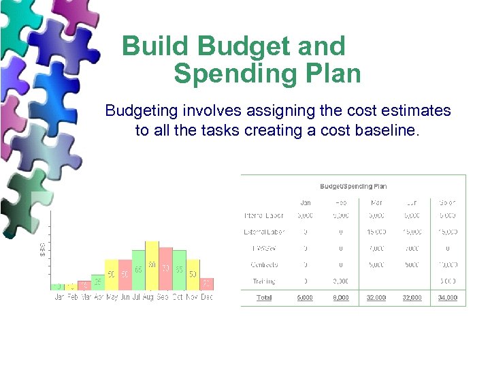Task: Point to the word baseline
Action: [x=385, y=130]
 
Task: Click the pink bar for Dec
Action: [x=207, y=284]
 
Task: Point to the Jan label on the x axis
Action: [x=59, y=297]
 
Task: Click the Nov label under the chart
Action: [x=193, y=297]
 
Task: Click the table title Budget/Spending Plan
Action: [x=353, y=186]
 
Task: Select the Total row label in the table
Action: [x=264, y=298]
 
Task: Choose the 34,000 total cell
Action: [x=448, y=298]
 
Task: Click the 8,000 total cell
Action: [x=341, y=298]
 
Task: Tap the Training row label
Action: [x=264, y=281]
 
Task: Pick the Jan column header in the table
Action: [x=305, y=202]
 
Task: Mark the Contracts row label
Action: [x=264, y=264]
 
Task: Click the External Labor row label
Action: [x=264, y=232]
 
